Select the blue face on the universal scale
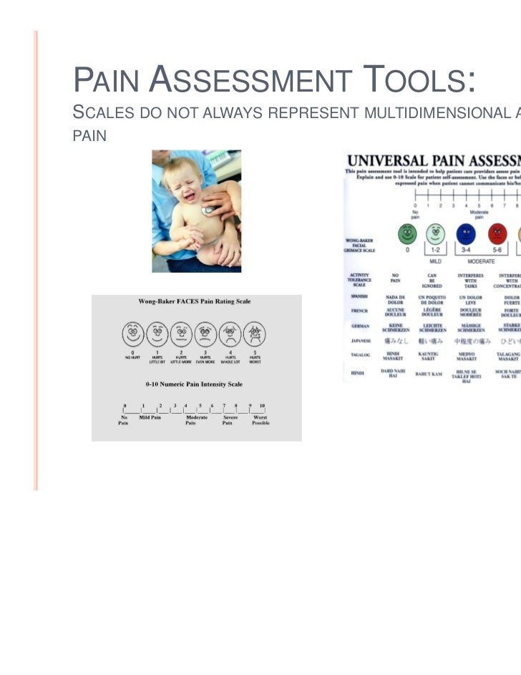pyautogui.click(x=467, y=233)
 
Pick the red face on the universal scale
pyautogui.click(x=497, y=233)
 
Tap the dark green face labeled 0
pyautogui.click(x=407, y=233)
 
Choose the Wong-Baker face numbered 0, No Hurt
pyautogui.click(x=132, y=332)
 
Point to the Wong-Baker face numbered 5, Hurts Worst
pyautogui.click(x=254, y=332)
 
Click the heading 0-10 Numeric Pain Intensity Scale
pyautogui.click(x=194, y=384)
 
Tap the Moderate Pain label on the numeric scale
pyautogui.click(x=196, y=419)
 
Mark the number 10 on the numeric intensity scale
pyautogui.click(x=261, y=406)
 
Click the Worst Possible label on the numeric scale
pyautogui.click(x=260, y=419)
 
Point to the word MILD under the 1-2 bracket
pyautogui.click(x=434, y=261)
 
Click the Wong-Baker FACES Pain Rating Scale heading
pyautogui.click(x=194, y=301)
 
